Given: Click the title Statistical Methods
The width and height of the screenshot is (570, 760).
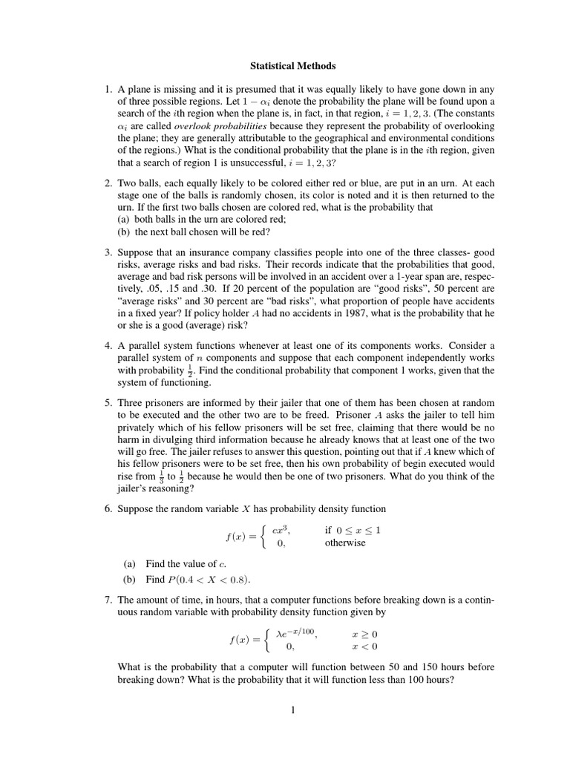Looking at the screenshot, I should tap(284, 66).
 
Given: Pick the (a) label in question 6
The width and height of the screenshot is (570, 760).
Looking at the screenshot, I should tap(129, 564).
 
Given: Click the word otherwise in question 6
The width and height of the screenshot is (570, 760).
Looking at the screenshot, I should tap(345, 543).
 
